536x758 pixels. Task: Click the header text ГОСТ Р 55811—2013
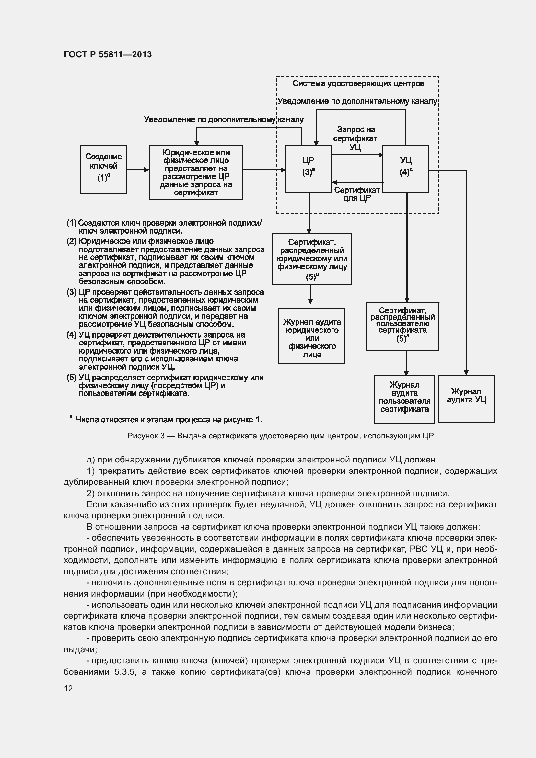108,54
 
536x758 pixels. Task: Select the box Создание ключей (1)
104,169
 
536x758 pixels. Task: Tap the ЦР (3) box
308,169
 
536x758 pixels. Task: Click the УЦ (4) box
406,169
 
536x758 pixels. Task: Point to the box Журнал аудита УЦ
466,399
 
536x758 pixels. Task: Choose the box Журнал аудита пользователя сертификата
404,399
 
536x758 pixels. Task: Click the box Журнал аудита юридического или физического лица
311,336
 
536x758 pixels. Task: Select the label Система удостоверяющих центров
358,84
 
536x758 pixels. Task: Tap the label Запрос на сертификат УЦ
355,138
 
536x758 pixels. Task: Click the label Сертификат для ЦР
357,194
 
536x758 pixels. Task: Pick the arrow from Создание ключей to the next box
138,170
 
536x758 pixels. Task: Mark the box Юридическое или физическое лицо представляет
196,172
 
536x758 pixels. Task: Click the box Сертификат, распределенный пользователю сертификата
402,326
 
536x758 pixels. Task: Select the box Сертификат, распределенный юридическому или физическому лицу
311,259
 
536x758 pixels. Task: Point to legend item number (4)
72,335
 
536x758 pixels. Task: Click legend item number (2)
72,241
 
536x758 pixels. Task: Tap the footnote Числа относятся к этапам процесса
168,420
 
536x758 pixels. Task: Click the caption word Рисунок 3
146,436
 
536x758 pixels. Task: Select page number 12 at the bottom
68,688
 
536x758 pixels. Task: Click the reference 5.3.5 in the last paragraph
125,672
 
